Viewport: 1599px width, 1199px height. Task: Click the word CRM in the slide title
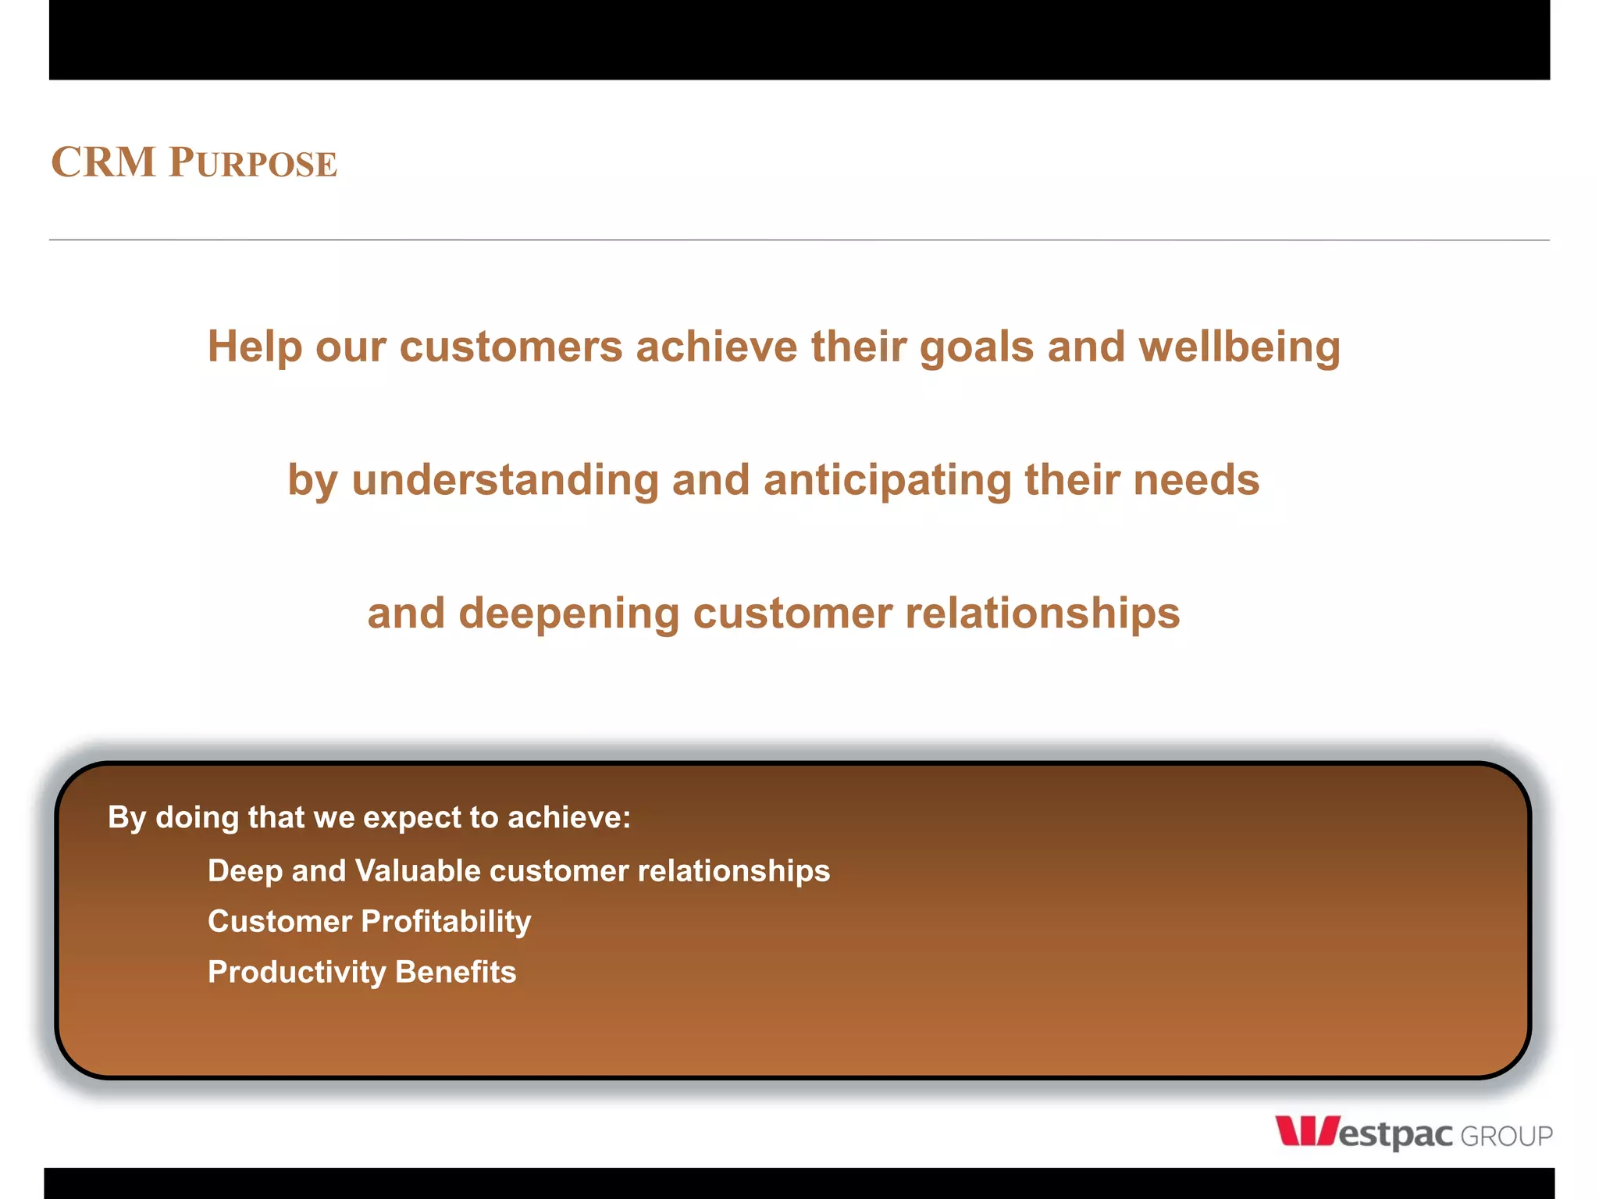(103, 162)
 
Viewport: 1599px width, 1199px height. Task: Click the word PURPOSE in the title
(253, 163)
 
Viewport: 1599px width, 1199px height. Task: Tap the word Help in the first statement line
(254, 347)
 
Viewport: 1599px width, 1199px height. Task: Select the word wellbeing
(1239, 347)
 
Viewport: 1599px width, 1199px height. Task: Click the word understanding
(505, 479)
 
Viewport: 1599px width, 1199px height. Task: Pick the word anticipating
(887, 479)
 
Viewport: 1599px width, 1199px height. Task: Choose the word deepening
(568, 614)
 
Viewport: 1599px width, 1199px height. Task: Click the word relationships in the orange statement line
(1042, 613)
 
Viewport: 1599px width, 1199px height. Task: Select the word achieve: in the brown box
(568, 817)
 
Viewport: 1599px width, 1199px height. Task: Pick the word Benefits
(455, 972)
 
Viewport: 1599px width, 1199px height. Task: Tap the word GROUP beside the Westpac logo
(1505, 1137)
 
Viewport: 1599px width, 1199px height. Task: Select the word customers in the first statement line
(511, 347)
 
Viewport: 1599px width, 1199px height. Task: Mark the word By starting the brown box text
(126, 818)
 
